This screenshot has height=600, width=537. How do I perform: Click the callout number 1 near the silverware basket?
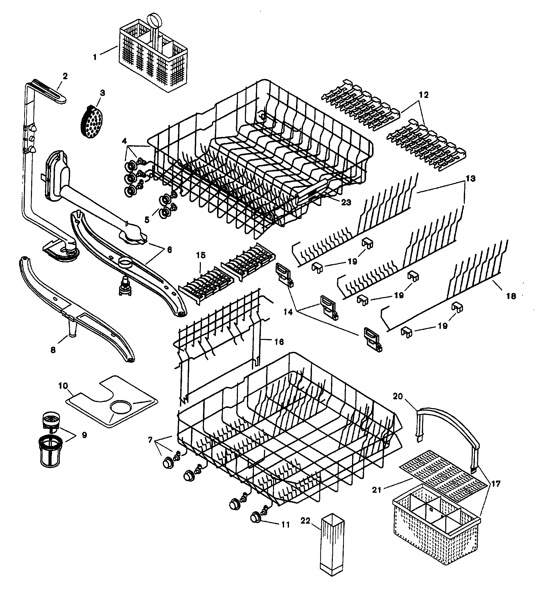click(95, 57)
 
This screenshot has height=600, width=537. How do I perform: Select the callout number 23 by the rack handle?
click(346, 202)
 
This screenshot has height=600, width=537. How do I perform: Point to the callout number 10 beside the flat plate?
click(63, 386)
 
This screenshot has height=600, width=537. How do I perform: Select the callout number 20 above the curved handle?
click(398, 396)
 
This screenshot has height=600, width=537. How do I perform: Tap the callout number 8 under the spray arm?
click(53, 350)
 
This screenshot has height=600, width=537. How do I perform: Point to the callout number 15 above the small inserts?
click(201, 255)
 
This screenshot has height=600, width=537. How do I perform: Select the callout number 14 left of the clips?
click(288, 312)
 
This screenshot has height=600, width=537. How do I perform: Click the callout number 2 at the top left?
click(65, 76)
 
